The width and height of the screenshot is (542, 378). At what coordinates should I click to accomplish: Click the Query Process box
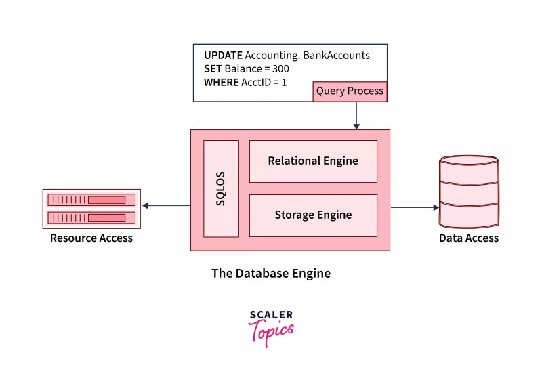(x=350, y=91)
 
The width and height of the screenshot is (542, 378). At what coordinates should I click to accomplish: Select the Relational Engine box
(x=313, y=161)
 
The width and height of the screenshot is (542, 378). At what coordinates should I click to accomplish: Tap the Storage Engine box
(x=313, y=215)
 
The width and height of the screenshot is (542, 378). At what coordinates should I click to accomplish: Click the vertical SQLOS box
(x=221, y=188)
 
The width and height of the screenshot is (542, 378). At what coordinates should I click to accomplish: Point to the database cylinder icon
(x=468, y=191)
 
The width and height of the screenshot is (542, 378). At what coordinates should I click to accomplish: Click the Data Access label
(x=468, y=238)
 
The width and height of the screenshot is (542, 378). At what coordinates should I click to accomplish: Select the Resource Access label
(x=91, y=238)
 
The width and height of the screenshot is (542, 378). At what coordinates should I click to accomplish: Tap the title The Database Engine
(x=271, y=274)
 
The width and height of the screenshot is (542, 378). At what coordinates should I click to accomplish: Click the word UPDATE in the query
(x=223, y=56)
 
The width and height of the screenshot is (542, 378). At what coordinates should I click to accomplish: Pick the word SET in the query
(x=213, y=69)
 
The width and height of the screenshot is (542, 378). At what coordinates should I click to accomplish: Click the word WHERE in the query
(x=221, y=83)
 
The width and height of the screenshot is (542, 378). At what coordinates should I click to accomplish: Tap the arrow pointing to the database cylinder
(x=415, y=207)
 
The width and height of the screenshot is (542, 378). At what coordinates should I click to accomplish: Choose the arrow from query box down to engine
(x=356, y=115)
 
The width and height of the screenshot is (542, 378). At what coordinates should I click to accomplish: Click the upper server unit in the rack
(x=91, y=200)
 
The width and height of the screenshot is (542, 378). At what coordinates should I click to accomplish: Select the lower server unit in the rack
(x=91, y=217)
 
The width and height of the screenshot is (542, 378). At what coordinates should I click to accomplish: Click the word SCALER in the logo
(x=271, y=315)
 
